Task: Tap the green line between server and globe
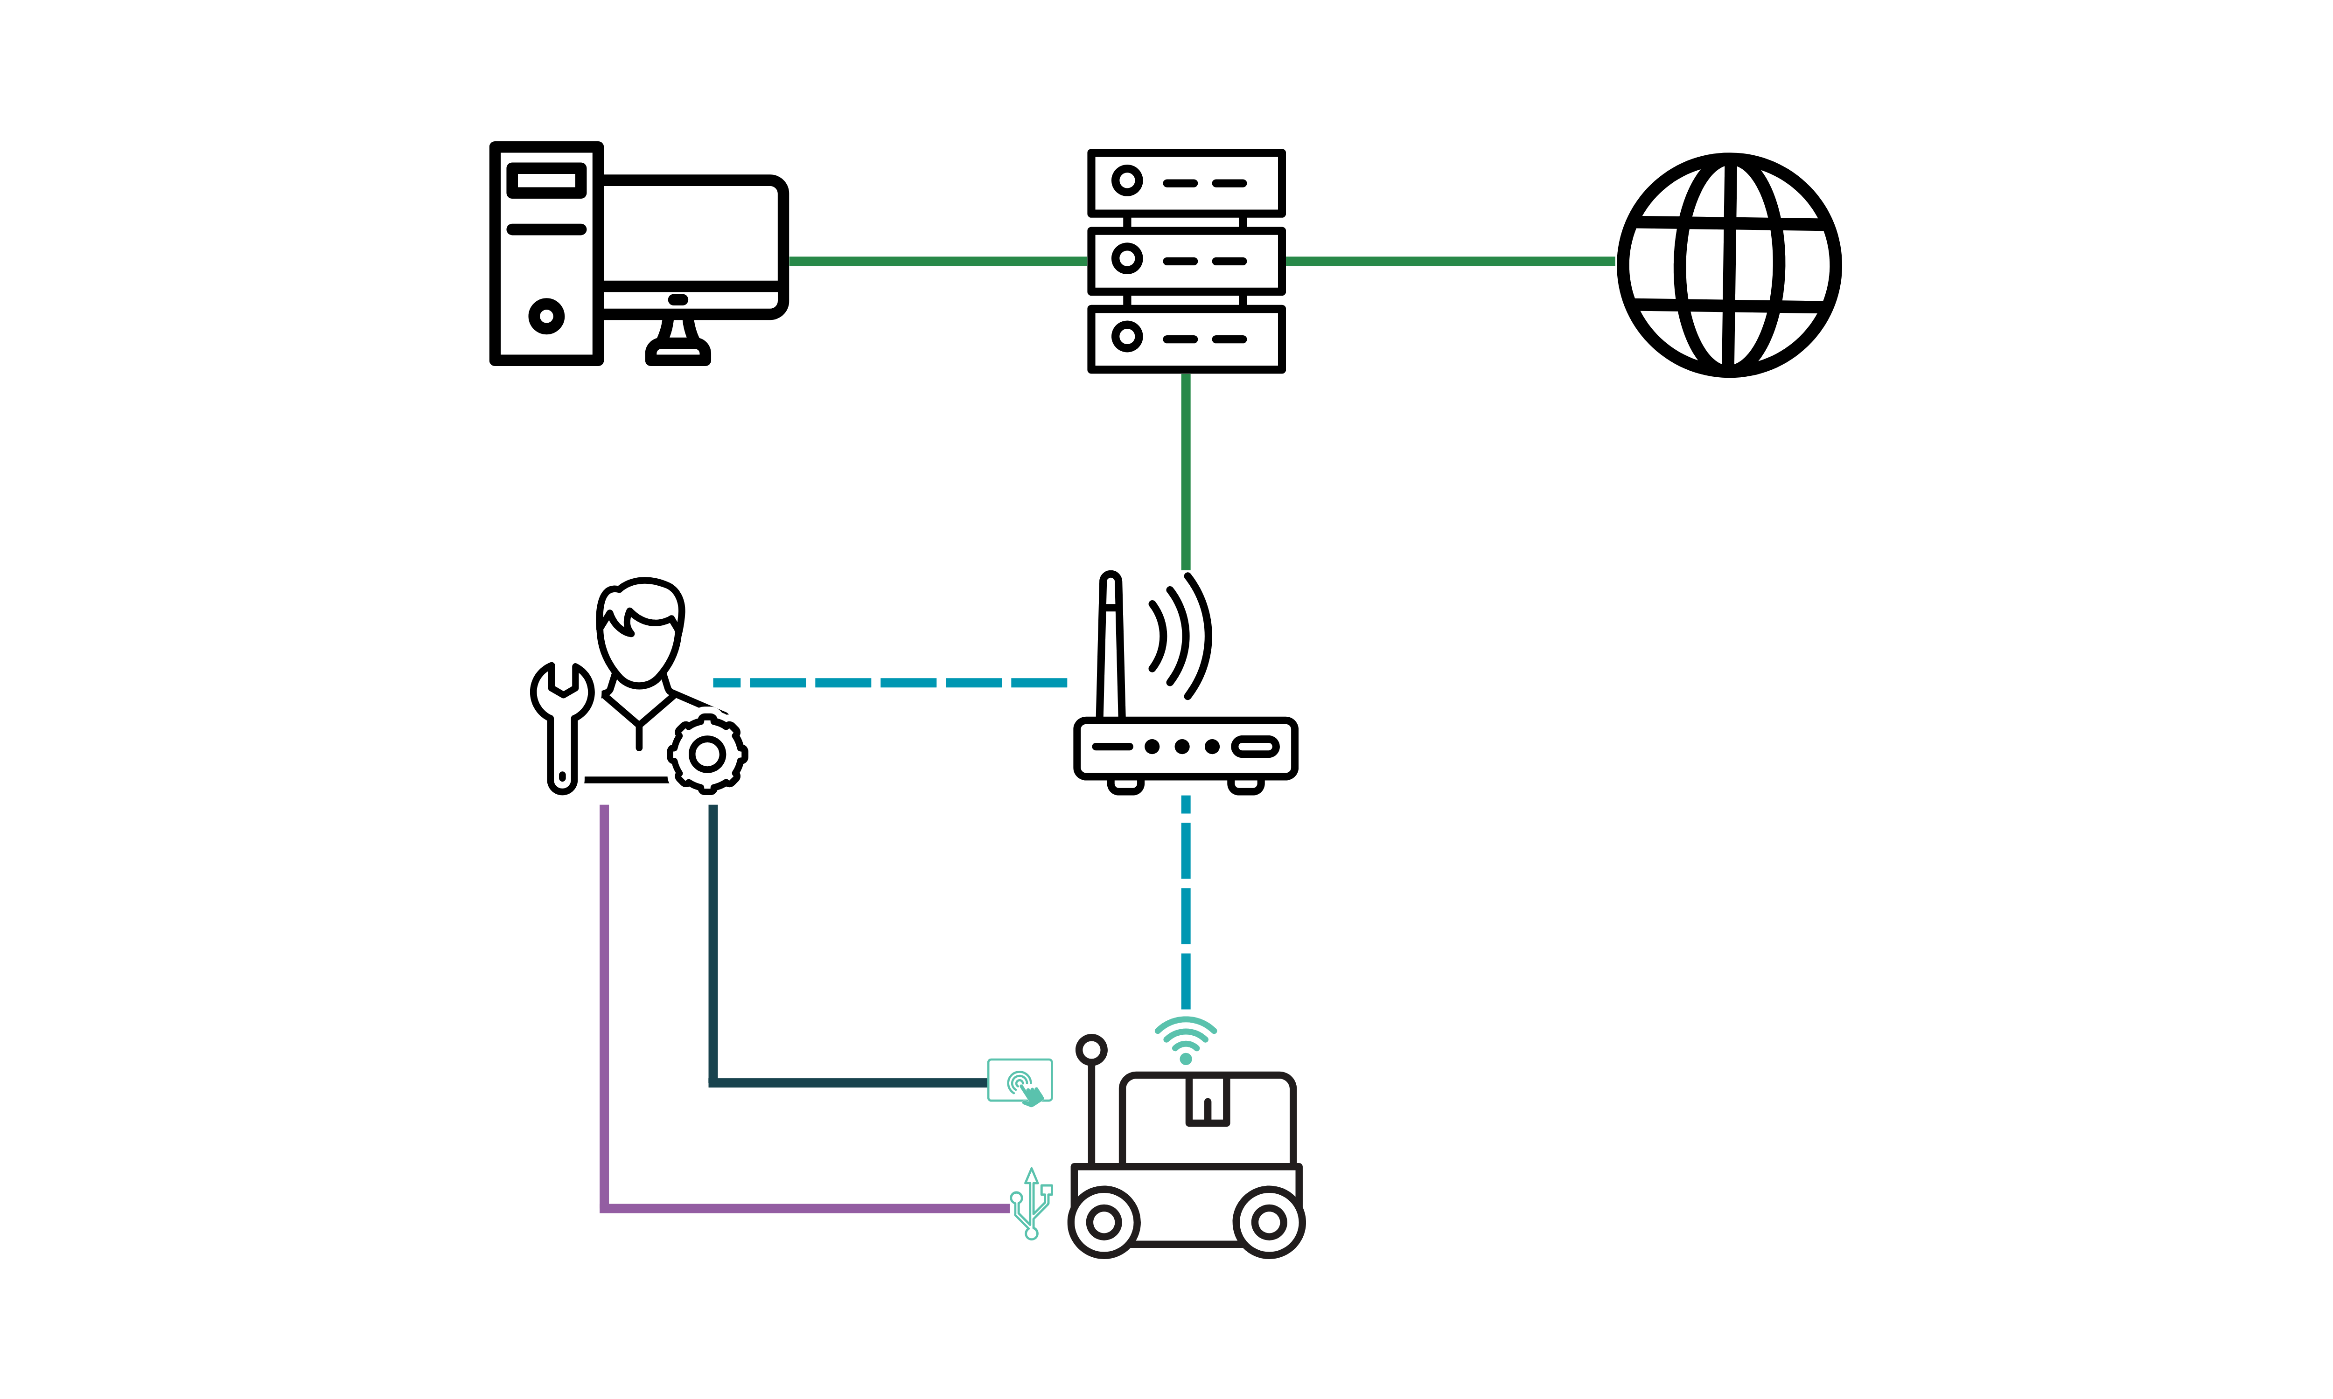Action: (x=1450, y=261)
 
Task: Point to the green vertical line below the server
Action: (x=1185, y=471)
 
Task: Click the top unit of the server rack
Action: (x=1185, y=182)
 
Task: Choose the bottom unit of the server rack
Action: (x=1185, y=338)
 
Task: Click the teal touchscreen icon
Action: (x=1020, y=1080)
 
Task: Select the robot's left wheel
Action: (x=1103, y=1223)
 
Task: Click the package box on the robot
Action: (x=1207, y=1117)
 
